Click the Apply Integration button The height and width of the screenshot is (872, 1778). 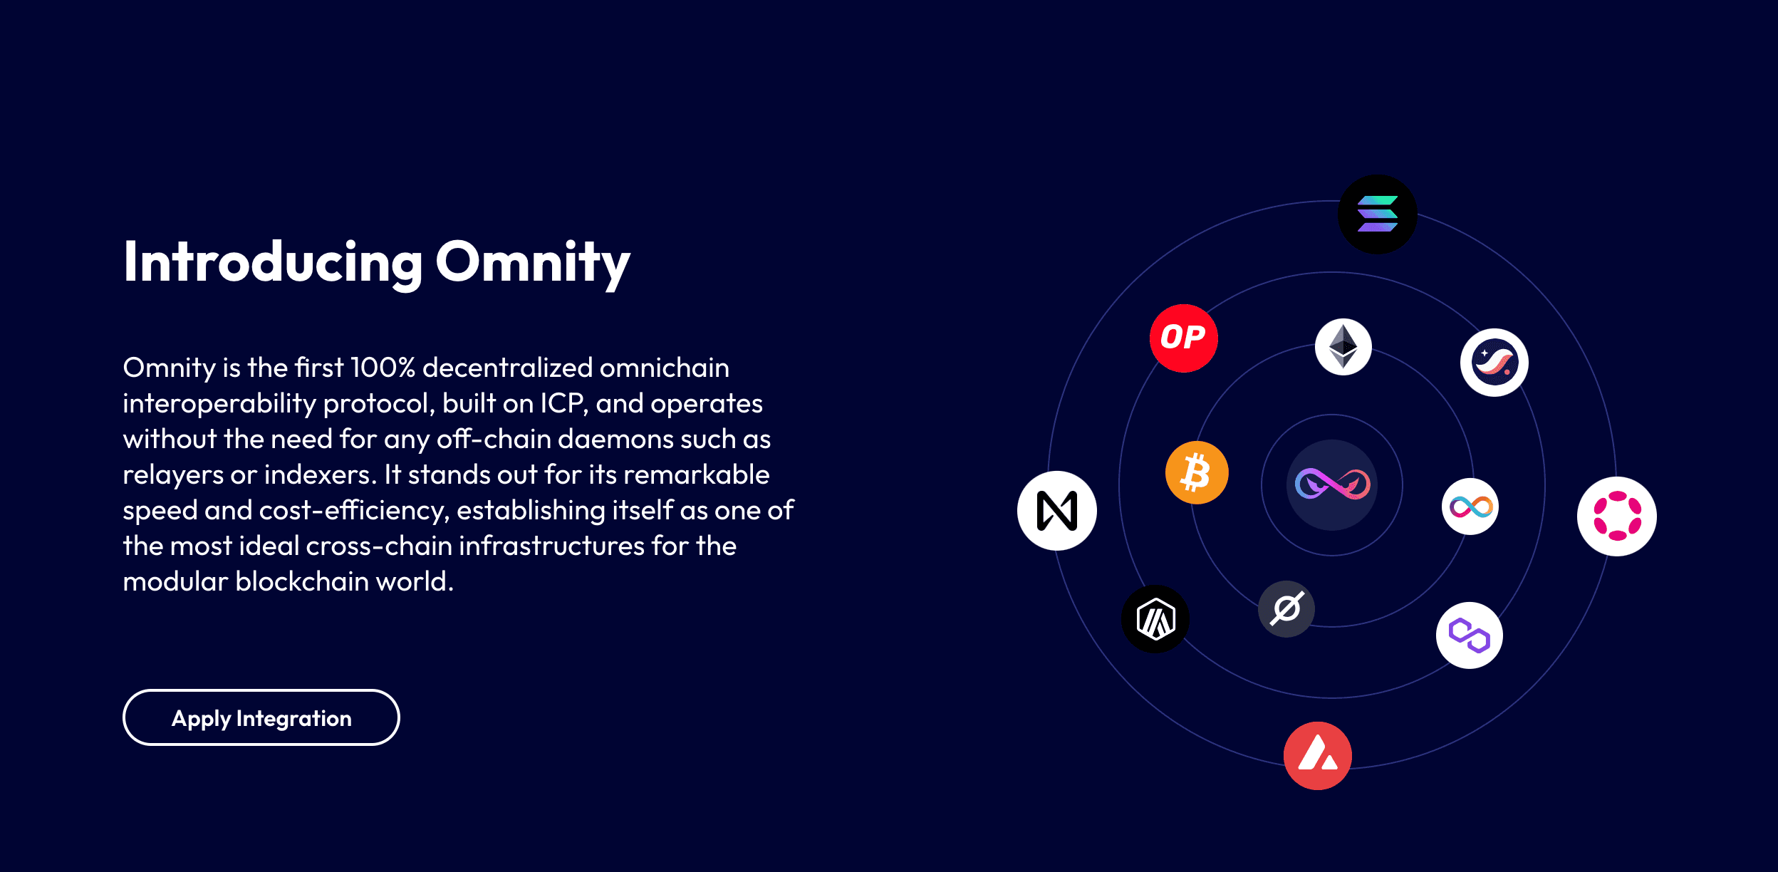click(261, 717)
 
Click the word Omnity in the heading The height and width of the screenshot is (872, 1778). click(532, 262)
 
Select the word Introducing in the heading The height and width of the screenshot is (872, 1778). click(273, 262)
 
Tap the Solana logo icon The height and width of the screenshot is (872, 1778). click(1377, 214)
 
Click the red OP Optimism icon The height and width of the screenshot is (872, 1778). click(1183, 338)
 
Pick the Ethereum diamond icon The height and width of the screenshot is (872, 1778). click(1343, 347)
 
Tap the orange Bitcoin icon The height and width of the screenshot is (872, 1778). click(1196, 472)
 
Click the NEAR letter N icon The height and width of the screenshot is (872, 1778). click(1056, 510)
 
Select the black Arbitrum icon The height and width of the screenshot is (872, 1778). click(1155, 618)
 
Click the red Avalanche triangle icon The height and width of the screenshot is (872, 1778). click(1317, 755)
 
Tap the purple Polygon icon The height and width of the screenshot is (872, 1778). click(1469, 635)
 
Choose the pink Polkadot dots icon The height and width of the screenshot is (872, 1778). click(1616, 516)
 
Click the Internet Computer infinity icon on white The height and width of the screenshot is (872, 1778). click(1470, 507)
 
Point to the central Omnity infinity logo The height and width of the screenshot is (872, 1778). click(1331, 484)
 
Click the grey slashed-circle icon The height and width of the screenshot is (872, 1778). click(1286, 608)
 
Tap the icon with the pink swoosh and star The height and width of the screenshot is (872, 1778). click(1494, 362)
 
